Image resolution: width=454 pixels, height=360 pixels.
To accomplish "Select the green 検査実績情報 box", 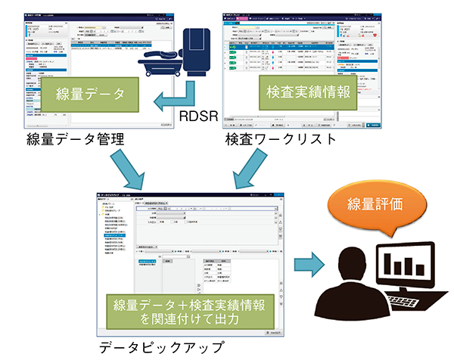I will click(x=307, y=92).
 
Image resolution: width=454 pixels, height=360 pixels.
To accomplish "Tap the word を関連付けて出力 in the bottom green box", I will click(x=191, y=320).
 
